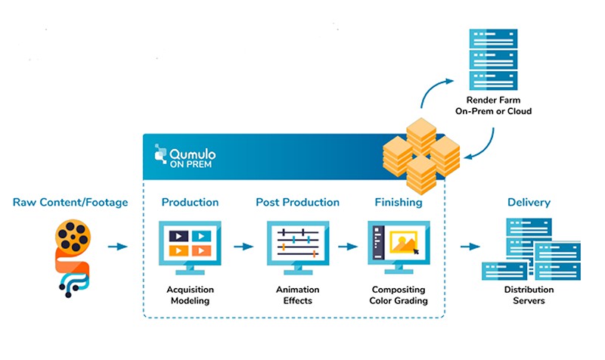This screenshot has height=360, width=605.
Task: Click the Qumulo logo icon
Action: tap(160, 154)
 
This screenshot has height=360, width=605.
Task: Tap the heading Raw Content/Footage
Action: tap(70, 202)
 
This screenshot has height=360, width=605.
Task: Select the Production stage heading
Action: tap(190, 202)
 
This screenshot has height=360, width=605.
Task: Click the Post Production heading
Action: tap(297, 202)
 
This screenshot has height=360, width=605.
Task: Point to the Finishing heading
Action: tap(399, 202)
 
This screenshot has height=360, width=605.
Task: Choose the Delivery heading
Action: tap(529, 202)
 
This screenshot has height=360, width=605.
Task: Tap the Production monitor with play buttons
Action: tap(190, 247)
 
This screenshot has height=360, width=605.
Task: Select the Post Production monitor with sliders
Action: tap(298, 247)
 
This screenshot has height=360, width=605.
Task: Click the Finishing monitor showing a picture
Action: tap(399, 247)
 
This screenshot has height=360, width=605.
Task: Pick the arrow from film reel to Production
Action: tap(117, 246)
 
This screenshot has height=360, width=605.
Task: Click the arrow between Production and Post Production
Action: tap(244, 246)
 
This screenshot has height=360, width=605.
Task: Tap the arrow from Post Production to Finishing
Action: tap(348, 246)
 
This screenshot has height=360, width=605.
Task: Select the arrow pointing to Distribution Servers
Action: tap(470, 246)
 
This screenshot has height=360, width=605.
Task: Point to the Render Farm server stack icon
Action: tap(494, 60)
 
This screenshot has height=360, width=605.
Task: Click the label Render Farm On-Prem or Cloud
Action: tap(494, 105)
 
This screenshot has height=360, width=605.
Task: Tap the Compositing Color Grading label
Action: tap(399, 295)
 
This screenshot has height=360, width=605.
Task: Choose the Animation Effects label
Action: tap(297, 295)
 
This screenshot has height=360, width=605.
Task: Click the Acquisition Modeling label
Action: tap(190, 295)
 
